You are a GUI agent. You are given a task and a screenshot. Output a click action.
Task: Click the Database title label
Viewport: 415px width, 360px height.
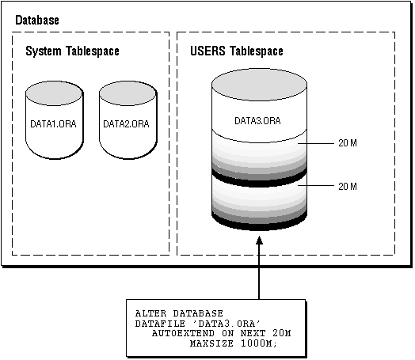click(x=37, y=21)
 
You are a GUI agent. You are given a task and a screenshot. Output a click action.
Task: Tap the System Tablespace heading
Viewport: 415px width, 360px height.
click(x=72, y=51)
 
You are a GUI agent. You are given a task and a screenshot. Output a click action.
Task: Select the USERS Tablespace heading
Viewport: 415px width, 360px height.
click(x=237, y=51)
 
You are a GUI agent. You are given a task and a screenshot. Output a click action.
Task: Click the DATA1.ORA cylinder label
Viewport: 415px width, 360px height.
click(x=54, y=124)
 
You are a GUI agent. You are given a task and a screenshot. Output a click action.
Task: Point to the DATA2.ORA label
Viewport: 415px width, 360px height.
click(x=126, y=124)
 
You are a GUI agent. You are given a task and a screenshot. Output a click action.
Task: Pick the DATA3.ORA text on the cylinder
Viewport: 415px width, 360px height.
click(x=257, y=121)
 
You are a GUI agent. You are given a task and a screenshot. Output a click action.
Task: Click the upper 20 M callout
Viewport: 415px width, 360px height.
click(x=348, y=143)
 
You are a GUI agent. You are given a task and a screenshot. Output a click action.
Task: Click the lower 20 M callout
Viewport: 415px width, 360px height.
click(x=348, y=187)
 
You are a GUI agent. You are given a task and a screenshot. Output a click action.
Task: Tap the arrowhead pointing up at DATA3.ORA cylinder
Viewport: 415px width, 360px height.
click(x=260, y=241)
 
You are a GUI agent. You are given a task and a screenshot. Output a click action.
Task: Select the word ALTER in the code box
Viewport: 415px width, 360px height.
click(x=150, y=313)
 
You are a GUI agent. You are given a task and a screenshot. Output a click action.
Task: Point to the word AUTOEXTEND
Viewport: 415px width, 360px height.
click(x=183, y=333)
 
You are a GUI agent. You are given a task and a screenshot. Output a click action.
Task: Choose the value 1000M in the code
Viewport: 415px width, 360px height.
click(x=259, y=343)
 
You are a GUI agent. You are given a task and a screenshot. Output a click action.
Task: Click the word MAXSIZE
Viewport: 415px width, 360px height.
click(x=211, y=343)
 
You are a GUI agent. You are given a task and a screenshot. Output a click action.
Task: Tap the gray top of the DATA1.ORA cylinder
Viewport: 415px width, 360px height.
click(x=54, y=93)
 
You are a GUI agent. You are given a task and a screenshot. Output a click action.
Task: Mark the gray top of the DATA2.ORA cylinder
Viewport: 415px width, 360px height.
click(x=128, y=93)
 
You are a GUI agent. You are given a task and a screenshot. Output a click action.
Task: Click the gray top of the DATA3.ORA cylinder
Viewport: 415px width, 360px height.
click(x=260, y=85)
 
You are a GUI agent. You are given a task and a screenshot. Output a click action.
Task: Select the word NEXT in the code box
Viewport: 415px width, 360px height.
click(x=253, y=333)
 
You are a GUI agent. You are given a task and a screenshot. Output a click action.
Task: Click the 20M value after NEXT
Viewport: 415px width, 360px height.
click(x=282, y=333)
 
